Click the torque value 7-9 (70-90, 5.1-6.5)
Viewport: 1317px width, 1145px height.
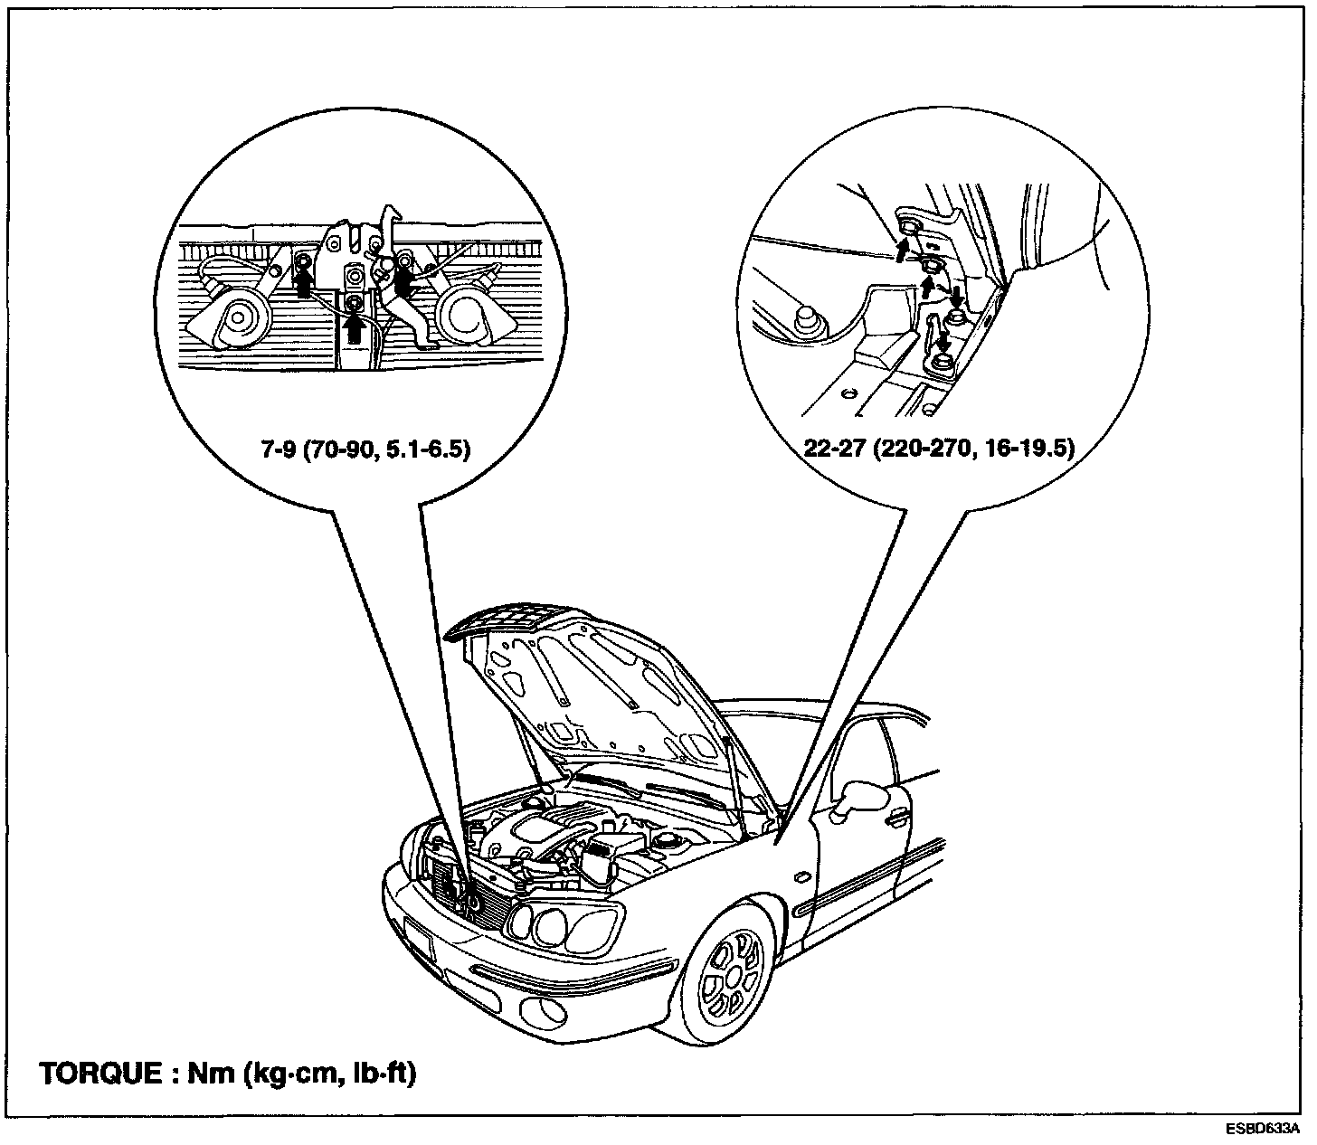click(x=365, y=449)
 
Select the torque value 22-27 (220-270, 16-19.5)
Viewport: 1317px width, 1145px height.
click(x=939, y=449)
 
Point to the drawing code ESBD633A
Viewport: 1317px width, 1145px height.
click(x=1263, y=1130)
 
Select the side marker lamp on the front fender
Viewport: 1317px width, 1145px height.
click(x=800, y=877)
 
